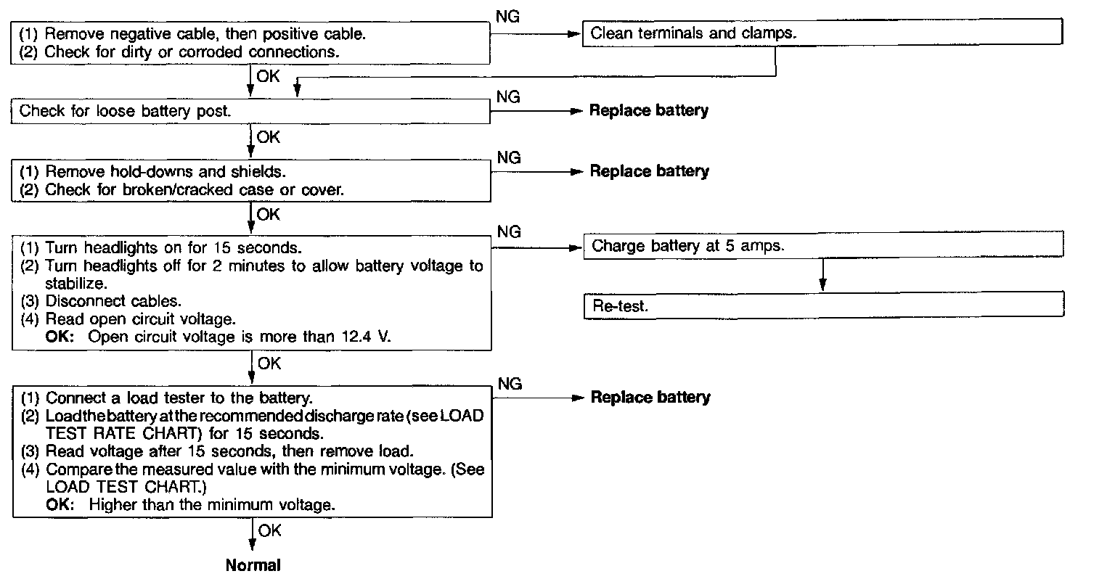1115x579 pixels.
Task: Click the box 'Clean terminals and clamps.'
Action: pyautogui.click(x=822, y=33)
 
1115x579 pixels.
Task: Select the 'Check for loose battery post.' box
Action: pyautogui.click(x=251, y=111)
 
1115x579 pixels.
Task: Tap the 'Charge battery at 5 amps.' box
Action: pyautogui.click(x=823, y=245)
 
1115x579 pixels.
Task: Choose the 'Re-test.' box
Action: pyautogui.click(x=823, y=306)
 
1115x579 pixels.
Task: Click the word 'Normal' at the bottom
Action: pyautogui.click(x=253, y=565)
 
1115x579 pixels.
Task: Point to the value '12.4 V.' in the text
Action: pyautogui.click(x=366, y=336)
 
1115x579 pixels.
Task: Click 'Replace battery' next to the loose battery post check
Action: pyautogui.click(x=649, y=111)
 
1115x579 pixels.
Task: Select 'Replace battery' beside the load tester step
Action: pyautogui.click(x=650, y=398)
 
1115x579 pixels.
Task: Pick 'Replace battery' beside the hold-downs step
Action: pyautogui.click(x=649, y=171)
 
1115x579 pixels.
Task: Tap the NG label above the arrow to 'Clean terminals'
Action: pyautogui.click(x=507, y=17)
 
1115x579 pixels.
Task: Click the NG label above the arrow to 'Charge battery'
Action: pyautogui.click(x=509, y=231)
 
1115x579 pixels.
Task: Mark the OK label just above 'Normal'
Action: pyautogui.click(x=269, y=531)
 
